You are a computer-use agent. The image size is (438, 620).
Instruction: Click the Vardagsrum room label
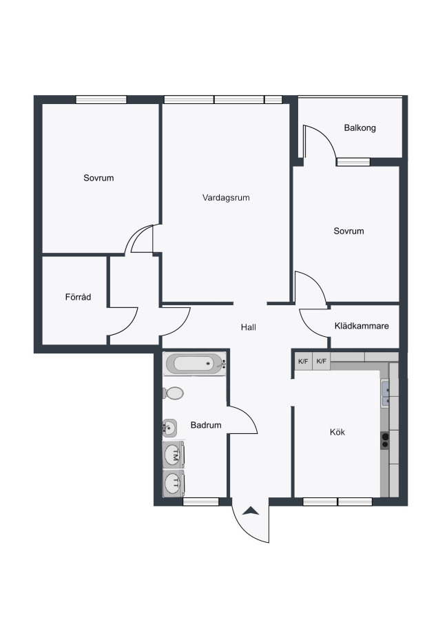click(x=226, y=198)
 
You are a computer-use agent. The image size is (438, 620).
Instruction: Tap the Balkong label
click(x=359, y=127)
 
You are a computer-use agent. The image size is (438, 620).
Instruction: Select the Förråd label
click(x=78, y=296)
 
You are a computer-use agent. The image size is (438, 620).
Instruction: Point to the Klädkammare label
click(x=362, y=326)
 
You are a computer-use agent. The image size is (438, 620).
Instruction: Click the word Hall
click(x=248, y=327)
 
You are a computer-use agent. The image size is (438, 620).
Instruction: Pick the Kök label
click(x=337, y=432)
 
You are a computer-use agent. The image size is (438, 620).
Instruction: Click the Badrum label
click(x=205, y=425)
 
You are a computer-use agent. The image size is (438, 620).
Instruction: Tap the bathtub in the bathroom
click(x=196, y=364)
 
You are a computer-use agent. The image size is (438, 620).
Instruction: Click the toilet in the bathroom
click(x=173, y=393)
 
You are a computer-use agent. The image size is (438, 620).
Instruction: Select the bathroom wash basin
click(x=169, y=427)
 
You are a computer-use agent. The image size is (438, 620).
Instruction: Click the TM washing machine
click(x=174, y=455)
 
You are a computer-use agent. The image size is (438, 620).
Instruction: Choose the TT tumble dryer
click(x=174, y=483)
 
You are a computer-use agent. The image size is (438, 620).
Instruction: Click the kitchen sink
click(x=385, y=393)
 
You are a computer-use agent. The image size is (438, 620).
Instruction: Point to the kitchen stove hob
click(x=385, y=440)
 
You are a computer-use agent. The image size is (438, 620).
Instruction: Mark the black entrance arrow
click(x=251, y=511)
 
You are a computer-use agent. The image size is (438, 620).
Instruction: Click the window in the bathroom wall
click(x=201, y=502)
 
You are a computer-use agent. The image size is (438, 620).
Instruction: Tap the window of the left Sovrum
click(x=101, y=99)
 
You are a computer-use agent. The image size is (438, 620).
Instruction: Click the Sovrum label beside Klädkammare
click(x=348, y=231)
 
